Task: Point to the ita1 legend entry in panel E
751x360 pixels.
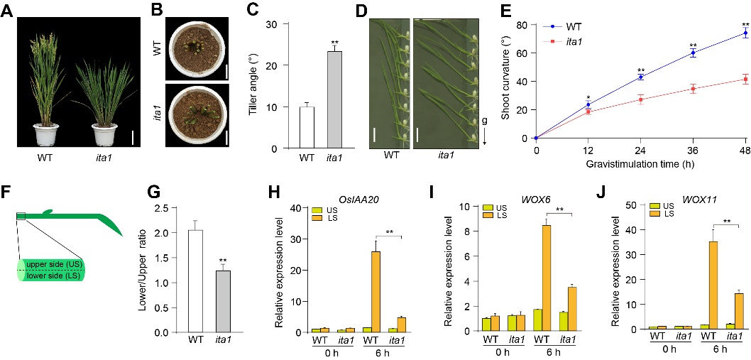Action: (575, 40)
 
